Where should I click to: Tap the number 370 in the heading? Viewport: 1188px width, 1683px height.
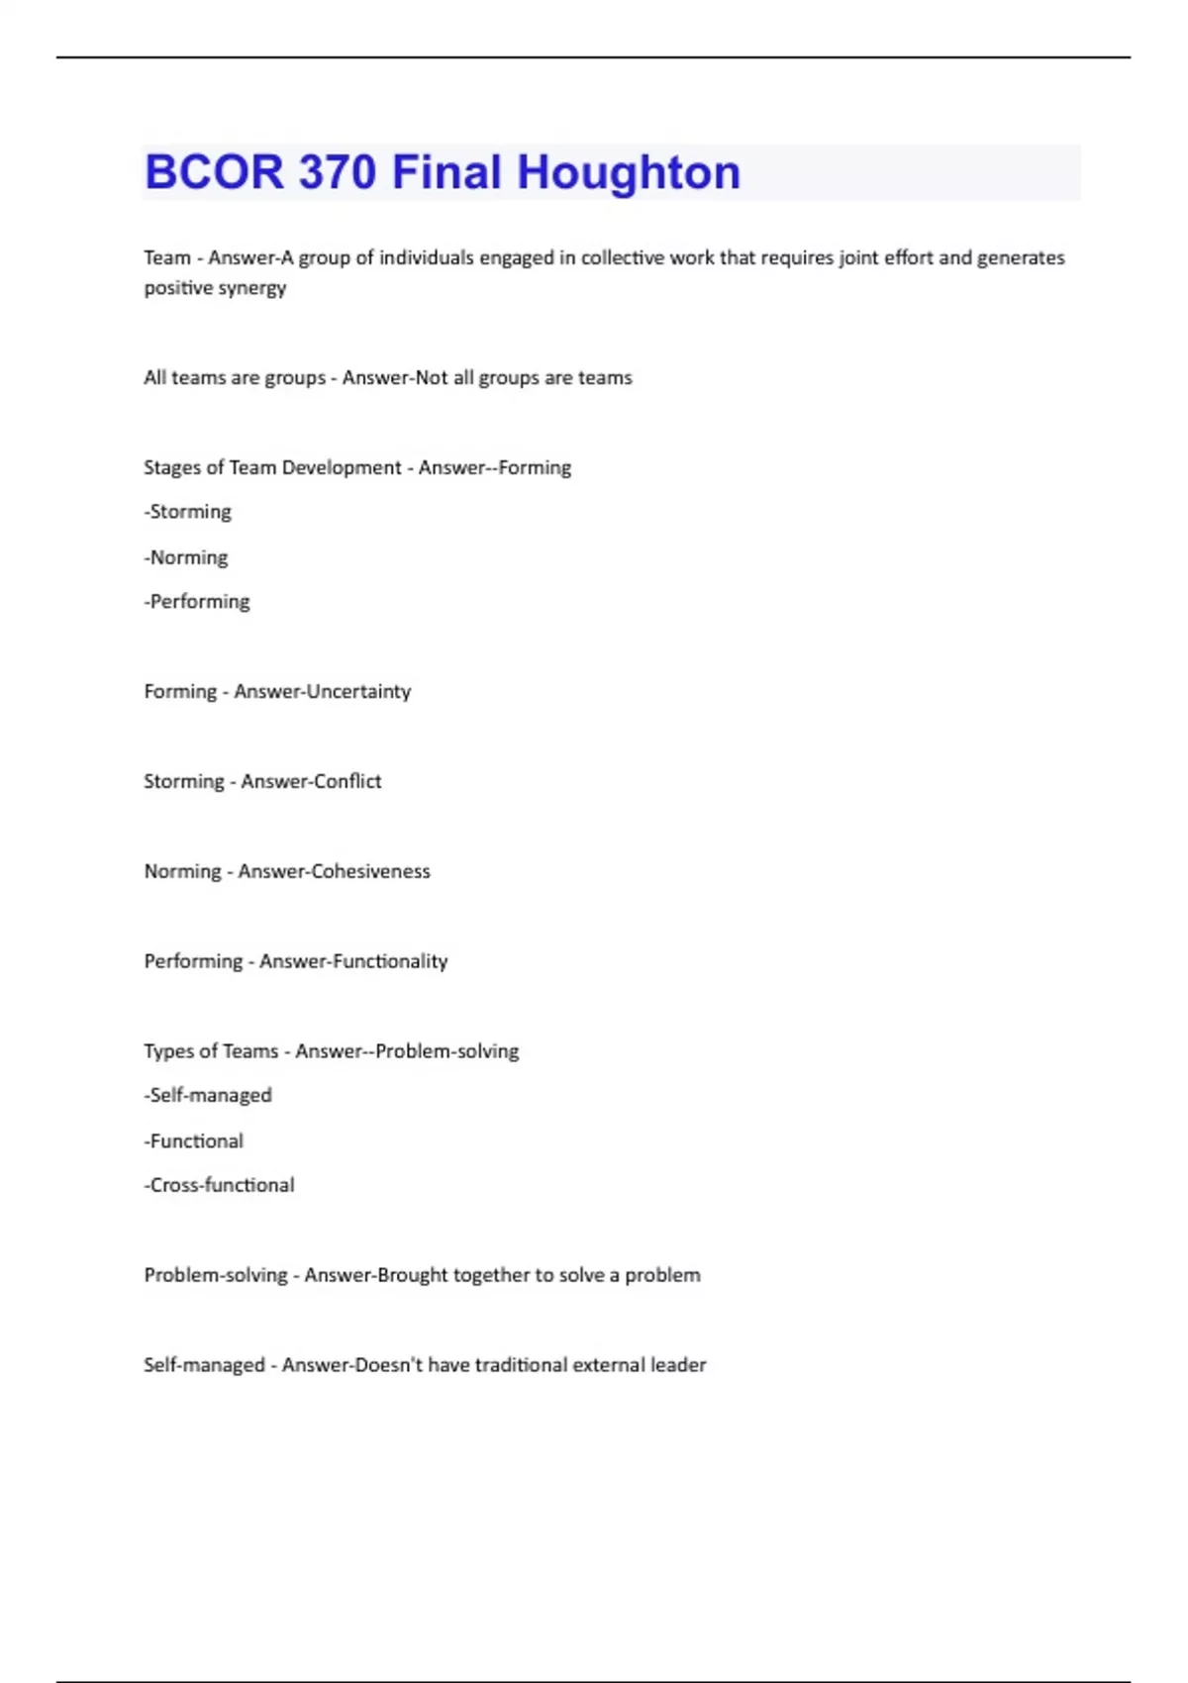336,172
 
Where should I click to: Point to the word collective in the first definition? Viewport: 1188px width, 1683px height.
623,257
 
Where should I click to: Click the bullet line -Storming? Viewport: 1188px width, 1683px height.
188,512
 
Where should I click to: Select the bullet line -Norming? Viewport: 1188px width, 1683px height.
186,557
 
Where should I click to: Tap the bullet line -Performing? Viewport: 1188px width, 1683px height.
197,602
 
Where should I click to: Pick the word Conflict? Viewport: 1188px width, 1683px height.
346,781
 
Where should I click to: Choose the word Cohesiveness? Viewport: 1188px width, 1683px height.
370,871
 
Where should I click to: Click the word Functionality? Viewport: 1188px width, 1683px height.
390,961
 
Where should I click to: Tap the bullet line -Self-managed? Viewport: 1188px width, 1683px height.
208,1095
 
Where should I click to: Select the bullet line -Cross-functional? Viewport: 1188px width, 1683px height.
220,1185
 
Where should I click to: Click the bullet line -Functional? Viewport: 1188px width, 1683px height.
194,1140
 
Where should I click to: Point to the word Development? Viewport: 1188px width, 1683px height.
341,467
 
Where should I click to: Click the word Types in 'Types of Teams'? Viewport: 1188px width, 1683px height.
167,1051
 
